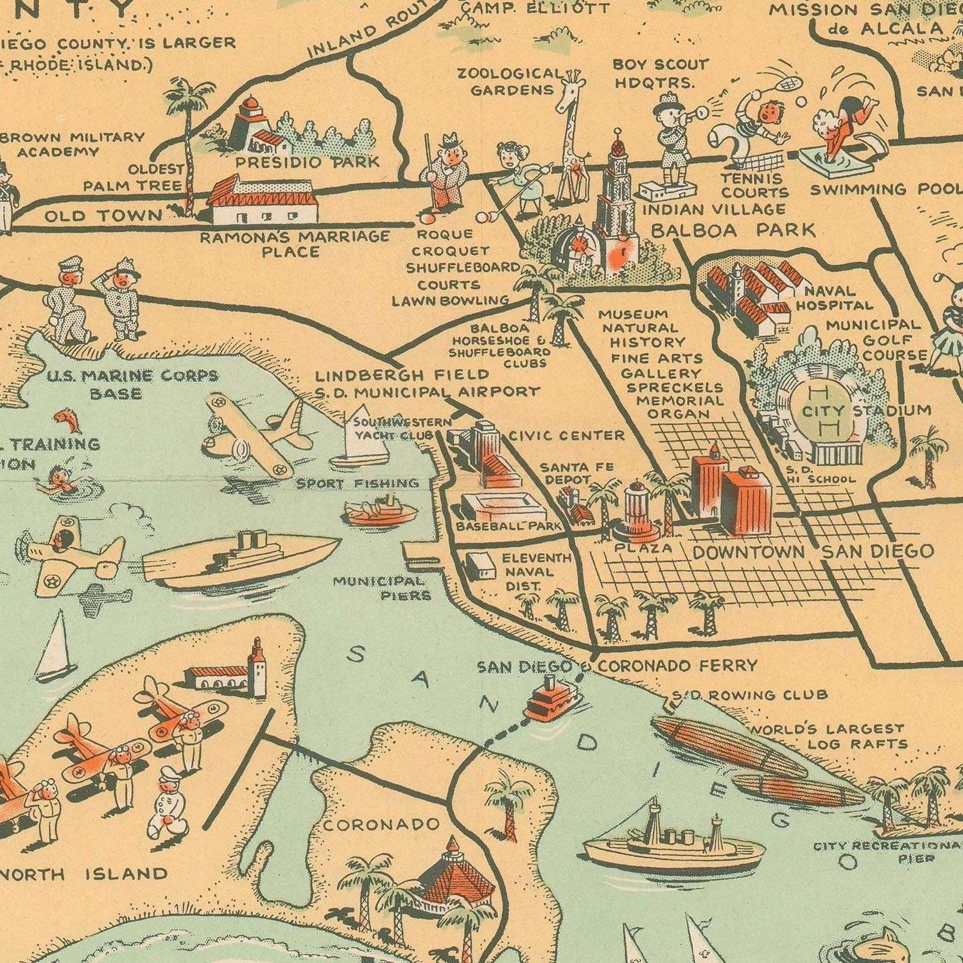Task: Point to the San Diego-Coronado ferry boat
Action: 551,699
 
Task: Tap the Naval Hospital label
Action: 835,299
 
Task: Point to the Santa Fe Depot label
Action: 577,473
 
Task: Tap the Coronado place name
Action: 381,824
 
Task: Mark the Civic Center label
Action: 566,436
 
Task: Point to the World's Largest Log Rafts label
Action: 828,736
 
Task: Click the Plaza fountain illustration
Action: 637,511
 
